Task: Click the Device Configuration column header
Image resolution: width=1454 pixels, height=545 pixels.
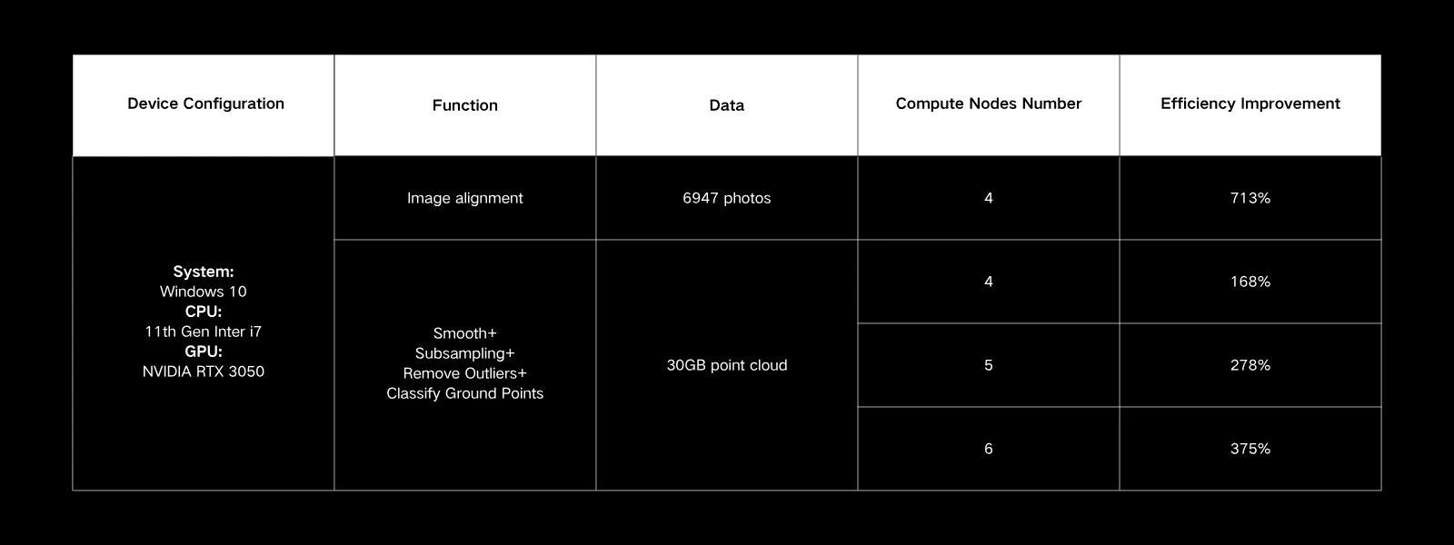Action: (205, 104)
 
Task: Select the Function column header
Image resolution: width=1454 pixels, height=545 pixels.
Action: (464, 105)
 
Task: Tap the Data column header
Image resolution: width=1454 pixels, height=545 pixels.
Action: (726, 105)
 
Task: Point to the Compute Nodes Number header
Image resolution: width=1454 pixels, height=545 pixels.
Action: (988, 104)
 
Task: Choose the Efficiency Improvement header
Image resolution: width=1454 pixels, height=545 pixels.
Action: (1250, 104)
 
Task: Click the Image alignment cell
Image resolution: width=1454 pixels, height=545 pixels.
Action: (464, 199)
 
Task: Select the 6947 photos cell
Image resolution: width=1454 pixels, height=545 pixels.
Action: (726, 198)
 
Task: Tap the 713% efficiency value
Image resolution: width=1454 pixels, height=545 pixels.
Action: (1250, 198)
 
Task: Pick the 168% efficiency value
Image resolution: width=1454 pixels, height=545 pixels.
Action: (1250, 282)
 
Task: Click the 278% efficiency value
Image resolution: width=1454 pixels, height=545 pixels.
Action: (1250, 365)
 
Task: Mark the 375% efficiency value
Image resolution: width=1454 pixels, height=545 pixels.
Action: (1250, 449)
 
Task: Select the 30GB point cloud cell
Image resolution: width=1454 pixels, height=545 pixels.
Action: (726, 365)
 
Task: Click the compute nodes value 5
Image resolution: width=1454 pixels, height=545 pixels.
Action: (988, 365)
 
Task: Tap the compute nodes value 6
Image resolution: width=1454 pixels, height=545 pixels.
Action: (988, 449)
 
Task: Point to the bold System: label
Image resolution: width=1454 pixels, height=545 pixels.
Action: (204, 272)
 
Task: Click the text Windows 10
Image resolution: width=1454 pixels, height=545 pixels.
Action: (204, 292)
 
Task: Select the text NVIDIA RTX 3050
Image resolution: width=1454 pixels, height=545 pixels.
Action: (204, 372)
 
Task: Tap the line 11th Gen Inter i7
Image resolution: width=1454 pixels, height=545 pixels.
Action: (204, 332)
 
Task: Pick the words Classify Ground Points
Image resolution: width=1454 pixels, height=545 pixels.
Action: (464, 394)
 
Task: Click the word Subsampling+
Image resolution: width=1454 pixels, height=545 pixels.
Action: (464, 353)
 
